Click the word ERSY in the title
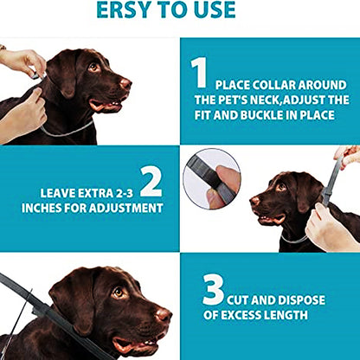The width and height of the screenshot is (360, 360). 126,10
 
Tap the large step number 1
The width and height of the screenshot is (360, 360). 200,73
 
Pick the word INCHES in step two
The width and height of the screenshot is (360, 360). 62,209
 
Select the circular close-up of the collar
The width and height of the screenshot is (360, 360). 212,177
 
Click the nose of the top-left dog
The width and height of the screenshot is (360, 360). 126,84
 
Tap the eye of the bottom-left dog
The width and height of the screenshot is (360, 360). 118,292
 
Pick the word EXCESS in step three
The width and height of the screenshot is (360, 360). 227,315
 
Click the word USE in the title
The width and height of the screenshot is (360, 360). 213,10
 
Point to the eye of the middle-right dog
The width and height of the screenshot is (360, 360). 280,187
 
